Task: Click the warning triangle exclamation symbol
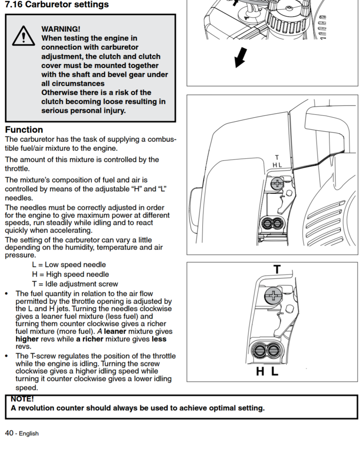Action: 22,35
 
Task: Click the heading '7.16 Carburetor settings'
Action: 57,5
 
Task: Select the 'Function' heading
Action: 24,130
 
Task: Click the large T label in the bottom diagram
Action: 277,270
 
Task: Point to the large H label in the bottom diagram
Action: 260,372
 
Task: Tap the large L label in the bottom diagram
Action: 275,372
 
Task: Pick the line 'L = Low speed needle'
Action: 69,265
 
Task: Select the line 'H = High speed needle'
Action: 70,274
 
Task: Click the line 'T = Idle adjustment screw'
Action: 75,284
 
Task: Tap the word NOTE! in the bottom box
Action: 22,399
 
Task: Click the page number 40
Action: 9,433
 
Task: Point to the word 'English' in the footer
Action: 29,433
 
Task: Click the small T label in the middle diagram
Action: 277,157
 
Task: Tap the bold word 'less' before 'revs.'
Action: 159,339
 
